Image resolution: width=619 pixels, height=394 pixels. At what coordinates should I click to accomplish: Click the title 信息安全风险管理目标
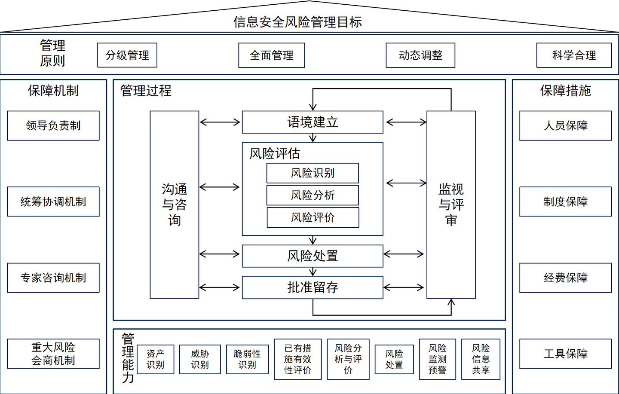coord(297,21)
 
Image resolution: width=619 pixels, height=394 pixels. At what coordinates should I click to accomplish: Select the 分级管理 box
coord(127,55)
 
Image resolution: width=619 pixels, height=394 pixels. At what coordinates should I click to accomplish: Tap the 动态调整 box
coord(420,55)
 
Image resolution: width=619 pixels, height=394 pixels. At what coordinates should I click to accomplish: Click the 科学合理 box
coord(574,55)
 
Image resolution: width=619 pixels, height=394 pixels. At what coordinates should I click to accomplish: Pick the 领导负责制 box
coord(53,125)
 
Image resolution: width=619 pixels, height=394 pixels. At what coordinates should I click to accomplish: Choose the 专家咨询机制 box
coord(53,278)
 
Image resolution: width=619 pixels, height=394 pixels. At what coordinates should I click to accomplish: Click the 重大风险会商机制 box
coord(53,354)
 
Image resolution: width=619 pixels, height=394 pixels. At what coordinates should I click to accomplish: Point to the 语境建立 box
coord(313,122)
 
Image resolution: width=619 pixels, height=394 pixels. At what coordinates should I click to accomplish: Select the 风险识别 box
coord(313,173)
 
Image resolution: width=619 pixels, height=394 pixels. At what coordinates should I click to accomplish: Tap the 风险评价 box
coord(313,217)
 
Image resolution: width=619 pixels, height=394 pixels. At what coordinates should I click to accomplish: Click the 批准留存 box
coord(313,287)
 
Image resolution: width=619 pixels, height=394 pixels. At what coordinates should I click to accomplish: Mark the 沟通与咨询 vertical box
coord(174,205)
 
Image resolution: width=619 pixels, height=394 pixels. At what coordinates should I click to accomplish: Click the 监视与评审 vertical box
coord(451,205)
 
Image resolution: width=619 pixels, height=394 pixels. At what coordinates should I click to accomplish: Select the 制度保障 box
coord(565,202)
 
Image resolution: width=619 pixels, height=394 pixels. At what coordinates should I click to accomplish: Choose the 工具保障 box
coord(565,354)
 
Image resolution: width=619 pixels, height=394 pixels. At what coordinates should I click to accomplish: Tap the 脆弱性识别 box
coord(247,359)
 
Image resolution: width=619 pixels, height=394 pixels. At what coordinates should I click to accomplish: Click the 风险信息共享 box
coord(481,359)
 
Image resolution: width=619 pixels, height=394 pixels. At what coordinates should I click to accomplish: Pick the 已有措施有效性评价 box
coord(297,359)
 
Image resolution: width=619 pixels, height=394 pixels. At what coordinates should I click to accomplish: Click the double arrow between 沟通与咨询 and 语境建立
coord(220,122)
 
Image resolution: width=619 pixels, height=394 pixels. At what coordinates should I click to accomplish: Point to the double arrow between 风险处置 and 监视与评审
coord(404,254)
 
